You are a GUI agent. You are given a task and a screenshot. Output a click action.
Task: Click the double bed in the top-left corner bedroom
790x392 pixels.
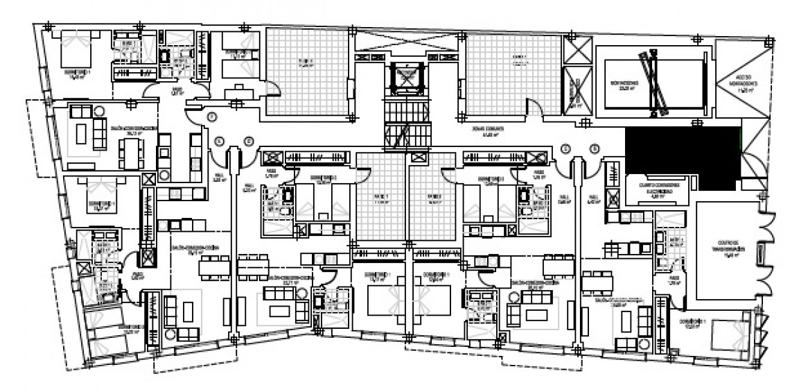tap(75, 50)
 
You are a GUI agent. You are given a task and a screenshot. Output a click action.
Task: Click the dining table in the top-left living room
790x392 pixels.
tap(130, 153)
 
